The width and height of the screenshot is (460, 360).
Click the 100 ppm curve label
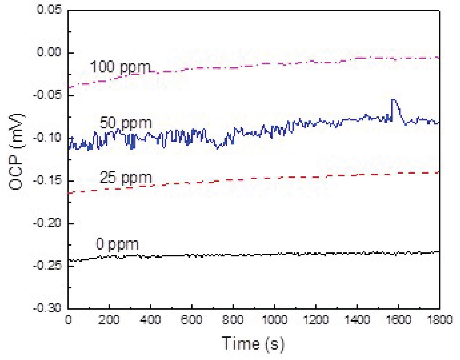coord(120,67)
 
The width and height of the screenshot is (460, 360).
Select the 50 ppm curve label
coord(126,123)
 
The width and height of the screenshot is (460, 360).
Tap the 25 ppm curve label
coord(126,178)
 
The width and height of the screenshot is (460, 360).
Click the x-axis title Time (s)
coord(253,344)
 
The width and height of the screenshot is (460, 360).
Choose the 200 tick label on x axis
coord(109,320)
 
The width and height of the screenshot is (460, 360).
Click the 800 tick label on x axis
coord(233,320)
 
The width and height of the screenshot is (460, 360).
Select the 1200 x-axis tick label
coord(315,320)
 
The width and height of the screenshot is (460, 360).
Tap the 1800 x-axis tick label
coord(439,320)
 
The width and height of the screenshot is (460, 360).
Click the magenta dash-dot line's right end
coord(439,58)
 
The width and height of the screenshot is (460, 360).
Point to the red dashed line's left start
coord(69,193)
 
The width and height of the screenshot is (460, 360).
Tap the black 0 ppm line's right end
coord(439,251)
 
